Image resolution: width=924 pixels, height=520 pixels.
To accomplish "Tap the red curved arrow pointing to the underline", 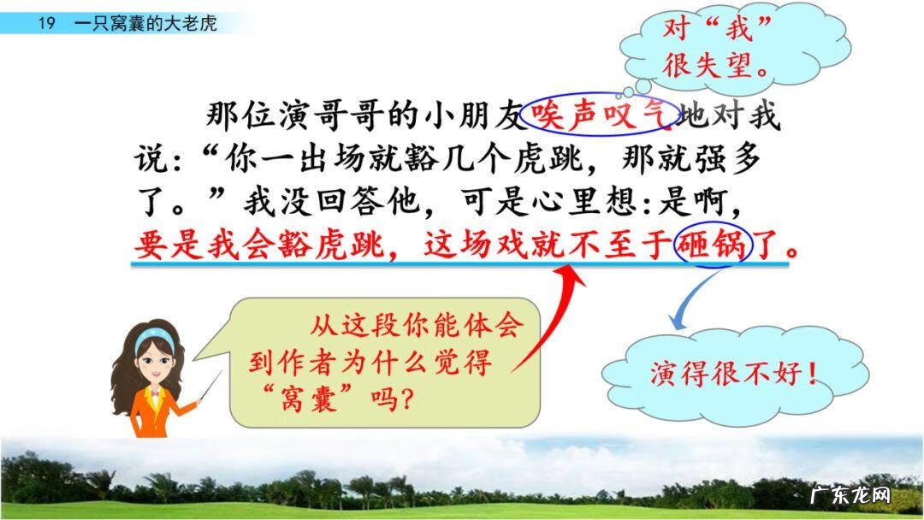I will point(548,316).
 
